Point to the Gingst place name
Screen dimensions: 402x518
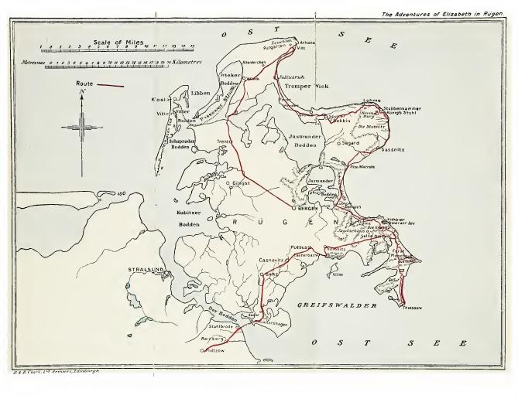[241, 183]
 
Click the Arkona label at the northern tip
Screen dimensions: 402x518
[308, 43]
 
